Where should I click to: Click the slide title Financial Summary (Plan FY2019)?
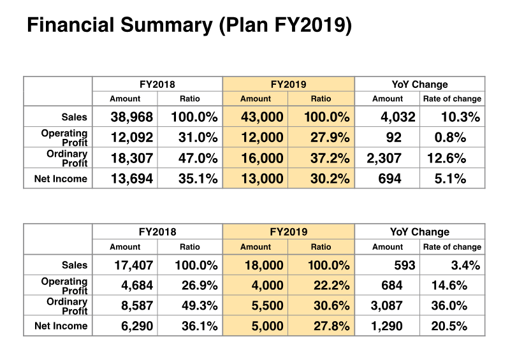189,26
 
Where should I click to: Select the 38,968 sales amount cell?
131,117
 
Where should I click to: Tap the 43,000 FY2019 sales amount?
262,117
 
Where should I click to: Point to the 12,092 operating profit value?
131,138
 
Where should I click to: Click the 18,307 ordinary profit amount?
131,158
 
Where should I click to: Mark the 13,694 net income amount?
131,179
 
